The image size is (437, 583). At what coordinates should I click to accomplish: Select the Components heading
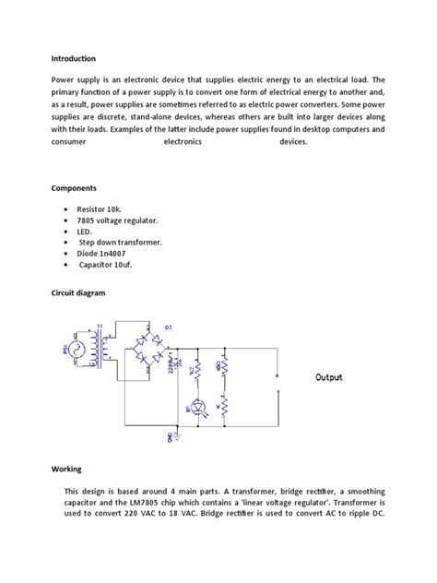pyautogui.click(x=74, y=187)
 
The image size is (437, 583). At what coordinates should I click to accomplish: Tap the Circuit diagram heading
pyautogui.click(x=78, y=292)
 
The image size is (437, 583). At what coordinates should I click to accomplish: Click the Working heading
pyautogui.click(x=67, y=469)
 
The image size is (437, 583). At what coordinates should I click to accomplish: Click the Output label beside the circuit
pyautogui.click(x=329, y=378)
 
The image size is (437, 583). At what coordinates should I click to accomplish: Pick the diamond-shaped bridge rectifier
pyautogui.click(x=148, y=350)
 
